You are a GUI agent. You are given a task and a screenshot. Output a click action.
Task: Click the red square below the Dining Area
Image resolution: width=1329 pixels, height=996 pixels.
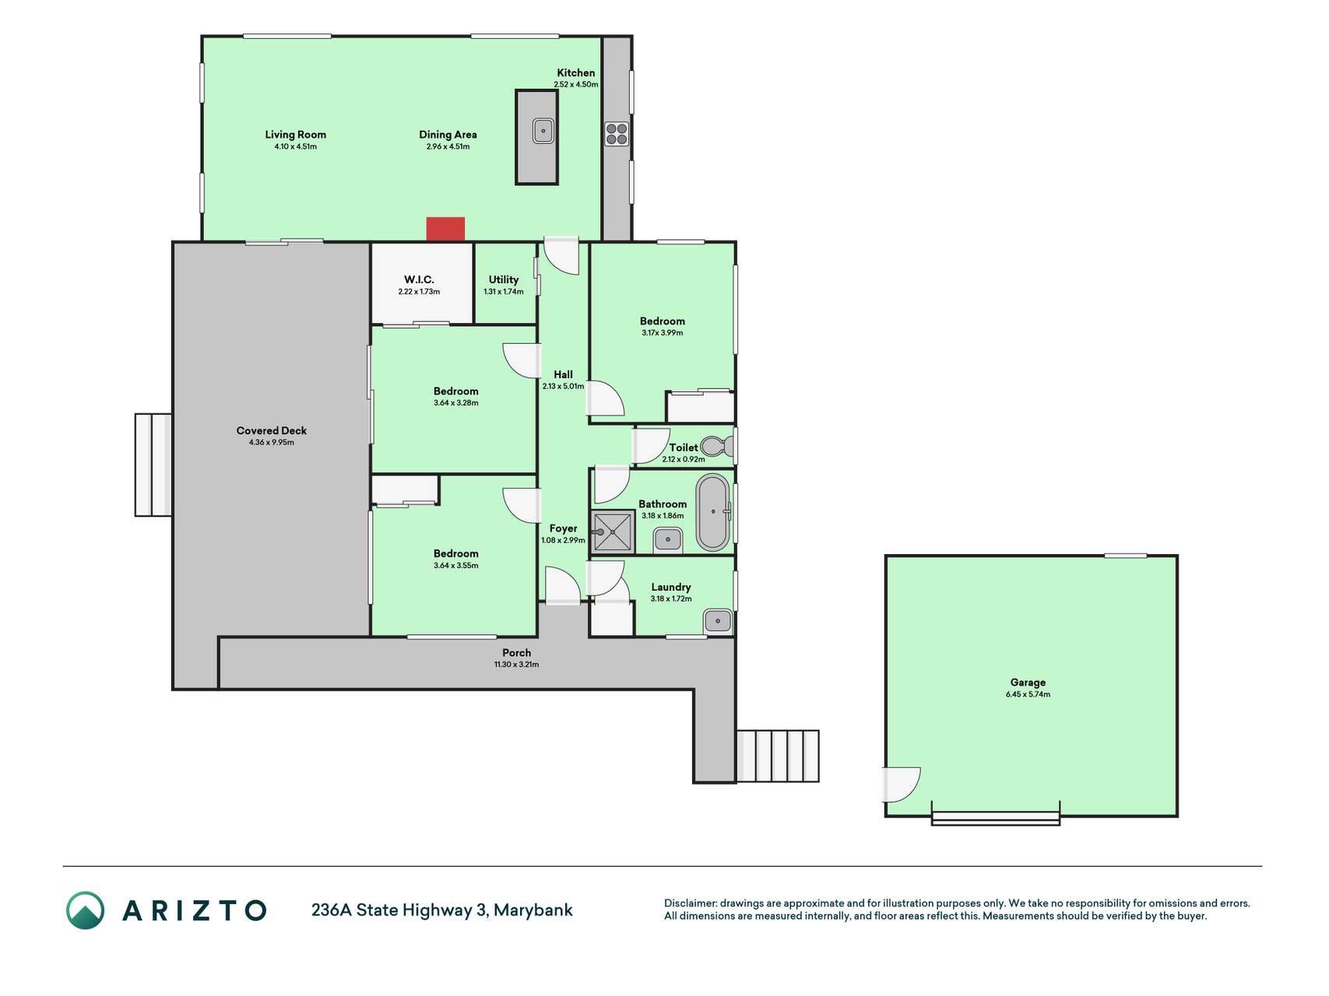coord(445,230)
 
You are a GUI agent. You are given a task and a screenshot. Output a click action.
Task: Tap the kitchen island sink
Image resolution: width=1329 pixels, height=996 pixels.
coord(543,131)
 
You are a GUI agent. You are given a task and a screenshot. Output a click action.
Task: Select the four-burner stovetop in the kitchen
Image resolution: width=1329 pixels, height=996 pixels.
coord(617,135)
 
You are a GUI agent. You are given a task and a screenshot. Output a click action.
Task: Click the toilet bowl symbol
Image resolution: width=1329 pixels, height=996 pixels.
coord(717,447)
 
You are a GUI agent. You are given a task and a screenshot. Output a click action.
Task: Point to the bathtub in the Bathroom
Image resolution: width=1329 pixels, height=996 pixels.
coord(712,512)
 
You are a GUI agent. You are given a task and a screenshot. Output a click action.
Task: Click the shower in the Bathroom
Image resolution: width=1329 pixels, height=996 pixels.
coord(613,531)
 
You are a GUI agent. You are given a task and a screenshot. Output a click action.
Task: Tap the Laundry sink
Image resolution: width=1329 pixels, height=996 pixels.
coord(718,621)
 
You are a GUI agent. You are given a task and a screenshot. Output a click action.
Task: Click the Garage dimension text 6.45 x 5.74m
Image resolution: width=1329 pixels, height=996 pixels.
coord(1028,694)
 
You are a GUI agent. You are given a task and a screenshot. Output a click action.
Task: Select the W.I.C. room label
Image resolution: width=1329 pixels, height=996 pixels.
coord(419,279)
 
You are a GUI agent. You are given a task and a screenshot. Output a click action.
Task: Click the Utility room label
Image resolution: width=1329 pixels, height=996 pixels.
coord(504,279)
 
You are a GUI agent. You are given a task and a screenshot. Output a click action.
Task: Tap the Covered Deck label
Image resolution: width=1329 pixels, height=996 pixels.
coord(272,430)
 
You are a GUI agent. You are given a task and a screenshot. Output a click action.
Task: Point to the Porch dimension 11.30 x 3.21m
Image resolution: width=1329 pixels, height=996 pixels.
coord(516,665)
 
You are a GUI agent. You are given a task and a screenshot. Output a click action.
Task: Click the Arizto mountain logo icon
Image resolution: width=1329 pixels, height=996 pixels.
coord(85,910)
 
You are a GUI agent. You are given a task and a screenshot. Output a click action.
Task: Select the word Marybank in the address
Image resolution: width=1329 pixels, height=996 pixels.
coord(533,910)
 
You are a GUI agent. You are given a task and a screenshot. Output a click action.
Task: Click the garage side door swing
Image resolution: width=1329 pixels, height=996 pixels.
coord(902,784)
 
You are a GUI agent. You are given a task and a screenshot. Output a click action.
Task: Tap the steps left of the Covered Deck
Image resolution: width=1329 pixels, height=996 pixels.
coord(153,465)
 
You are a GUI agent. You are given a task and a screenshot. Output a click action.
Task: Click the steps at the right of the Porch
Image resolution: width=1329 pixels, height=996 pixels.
coord(778,756)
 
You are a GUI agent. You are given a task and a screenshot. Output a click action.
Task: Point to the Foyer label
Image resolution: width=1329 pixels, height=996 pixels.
coord(563,528)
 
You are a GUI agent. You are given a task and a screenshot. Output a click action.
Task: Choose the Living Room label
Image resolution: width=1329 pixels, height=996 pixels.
coord(295,135)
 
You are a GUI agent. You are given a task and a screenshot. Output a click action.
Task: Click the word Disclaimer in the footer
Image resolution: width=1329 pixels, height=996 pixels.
coord(690,903)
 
